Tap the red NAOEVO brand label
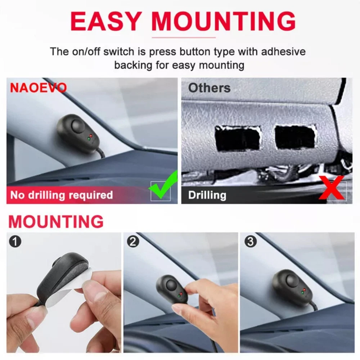pos(39,87)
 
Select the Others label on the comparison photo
pos(209,88)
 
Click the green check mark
pos(163,185)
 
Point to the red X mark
pos(332,188)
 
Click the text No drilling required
pos(62,195)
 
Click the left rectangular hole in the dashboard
pos(238,139)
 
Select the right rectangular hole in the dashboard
pos(295,137)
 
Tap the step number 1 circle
pos(15,241)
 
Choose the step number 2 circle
pos(133,241)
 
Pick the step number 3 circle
pos(251,241)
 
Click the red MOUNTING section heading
pos(56,221)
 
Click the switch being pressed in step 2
pos(172,290)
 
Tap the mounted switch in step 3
pos(292,287)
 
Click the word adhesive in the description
pos(283,51)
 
